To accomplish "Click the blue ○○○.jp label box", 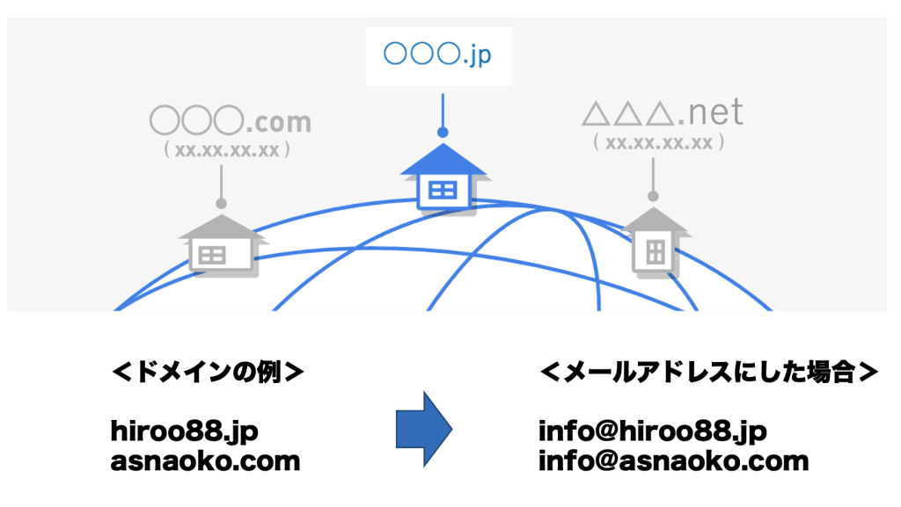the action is (x=439, y=56).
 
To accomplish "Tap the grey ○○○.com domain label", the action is (x=231, y=120).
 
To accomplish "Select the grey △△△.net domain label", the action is (x=663, y=112).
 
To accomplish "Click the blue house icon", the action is (x=443, y=177).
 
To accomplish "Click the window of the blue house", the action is (x=443, y=190).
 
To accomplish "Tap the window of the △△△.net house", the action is (x=656, y=252).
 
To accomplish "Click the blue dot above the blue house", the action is (x=443, y=133).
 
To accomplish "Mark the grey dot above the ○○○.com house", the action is (x=221, y=204).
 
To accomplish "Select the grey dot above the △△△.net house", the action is (x=653, y=196).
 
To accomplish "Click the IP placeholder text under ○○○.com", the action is (x=227, y=149).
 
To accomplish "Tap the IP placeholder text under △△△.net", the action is (x=658, y=142).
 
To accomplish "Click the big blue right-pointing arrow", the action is (x=424, y=429).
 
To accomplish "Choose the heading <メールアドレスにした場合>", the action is (x=709, y=373).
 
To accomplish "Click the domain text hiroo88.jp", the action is (x=185, y=431).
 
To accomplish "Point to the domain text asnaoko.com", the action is (x=205, y=461).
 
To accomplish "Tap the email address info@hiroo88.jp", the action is (x=652, y=431).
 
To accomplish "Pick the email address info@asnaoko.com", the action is (x=673, y=461).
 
